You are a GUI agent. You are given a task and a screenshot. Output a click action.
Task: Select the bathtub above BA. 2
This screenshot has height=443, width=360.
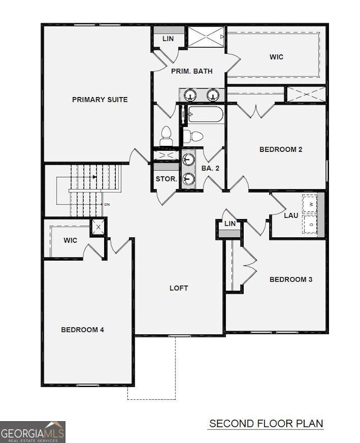pyautogui.click(x=205, y=115)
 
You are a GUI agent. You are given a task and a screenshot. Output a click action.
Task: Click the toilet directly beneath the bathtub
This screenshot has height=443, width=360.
pyautogui.click(x=193, y=136)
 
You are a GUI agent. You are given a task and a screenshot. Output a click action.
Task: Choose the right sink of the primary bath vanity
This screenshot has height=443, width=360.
pyautogui.click(x=213, y=94)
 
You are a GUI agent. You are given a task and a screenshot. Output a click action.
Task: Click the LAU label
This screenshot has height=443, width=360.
pyautogui.click(x=291, y=215)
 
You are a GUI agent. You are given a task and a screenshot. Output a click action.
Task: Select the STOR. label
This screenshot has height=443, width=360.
pyautogui.click(x=166, y=179)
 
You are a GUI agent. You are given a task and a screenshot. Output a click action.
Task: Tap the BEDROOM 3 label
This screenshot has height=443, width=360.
pyautogui.click(x=291, y=279)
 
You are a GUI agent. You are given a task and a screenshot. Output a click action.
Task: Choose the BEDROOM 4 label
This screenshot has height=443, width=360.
pyautogui.click(x=83, y=330)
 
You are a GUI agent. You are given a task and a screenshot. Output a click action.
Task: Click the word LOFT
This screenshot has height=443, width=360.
pyautogui.click(x=179, y=288)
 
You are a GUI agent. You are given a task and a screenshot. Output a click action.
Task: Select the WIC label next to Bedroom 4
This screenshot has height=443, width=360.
pyautogui.click(x=70, y=241)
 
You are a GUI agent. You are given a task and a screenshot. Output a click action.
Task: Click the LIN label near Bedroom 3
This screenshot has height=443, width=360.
pyautogui.click(x=230, y=223)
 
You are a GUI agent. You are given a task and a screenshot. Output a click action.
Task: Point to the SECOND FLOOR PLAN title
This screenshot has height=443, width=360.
pyautogui.click(x=266, y=424)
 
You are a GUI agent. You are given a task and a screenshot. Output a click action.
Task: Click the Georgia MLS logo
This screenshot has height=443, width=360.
pyautogui.click(x=33, y=432)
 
